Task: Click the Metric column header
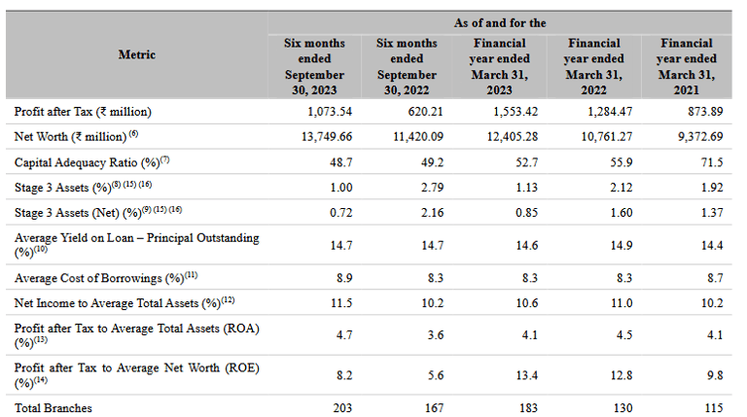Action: (x=137, y=55)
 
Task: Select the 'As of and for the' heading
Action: (x=500, y=21)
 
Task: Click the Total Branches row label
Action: (x=54, y=407)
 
